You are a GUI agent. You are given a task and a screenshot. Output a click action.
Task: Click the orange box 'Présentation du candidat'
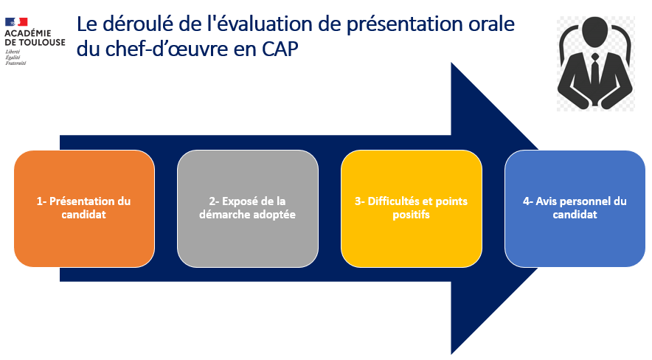point(84,208)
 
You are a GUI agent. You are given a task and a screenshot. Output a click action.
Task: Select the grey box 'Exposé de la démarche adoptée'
point(248,208)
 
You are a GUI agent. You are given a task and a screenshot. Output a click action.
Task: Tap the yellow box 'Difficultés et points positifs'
point(412,208)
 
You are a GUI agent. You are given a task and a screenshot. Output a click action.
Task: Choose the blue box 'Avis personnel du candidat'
point(575,208)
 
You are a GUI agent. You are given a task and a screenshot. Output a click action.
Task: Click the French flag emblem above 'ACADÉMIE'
point(16,22)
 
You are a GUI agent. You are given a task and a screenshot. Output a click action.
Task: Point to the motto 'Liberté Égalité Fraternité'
point(15,58)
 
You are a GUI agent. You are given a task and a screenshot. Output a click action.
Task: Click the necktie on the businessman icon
point(595,72)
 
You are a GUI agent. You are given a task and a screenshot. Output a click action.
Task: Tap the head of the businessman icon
point(595,31)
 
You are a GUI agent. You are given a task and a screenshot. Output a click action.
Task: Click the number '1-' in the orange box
point(41,201)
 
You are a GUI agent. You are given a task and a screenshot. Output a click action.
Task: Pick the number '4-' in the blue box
point(527,201)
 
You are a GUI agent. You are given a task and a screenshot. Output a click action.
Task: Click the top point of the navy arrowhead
point(451,63)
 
